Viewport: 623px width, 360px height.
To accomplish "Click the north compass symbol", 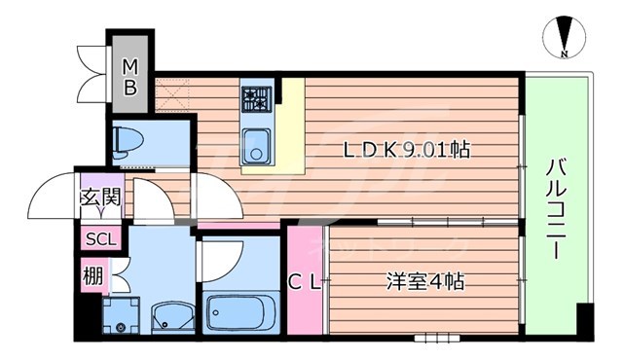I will point(562,38).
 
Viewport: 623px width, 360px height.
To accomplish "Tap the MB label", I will point(129,76).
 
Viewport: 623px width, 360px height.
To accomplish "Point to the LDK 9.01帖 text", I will point(406,151).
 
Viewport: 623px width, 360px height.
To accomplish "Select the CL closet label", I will point(304,283).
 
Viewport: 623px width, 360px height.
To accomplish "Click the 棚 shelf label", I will point(92,275).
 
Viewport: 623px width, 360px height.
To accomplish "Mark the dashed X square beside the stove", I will point(171,92).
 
